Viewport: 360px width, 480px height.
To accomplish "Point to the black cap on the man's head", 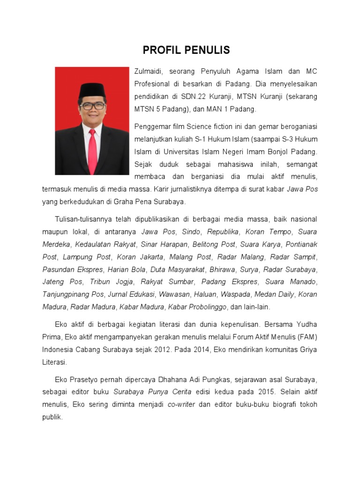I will click(x=92, y=90).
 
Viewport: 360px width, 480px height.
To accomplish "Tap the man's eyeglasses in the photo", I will click(x=92, y=106).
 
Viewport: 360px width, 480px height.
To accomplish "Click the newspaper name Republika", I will click(x=223, y=232).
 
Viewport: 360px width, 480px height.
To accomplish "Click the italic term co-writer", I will click(x=181, y=405).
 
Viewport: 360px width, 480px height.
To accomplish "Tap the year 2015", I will click(x=260, y=392).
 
